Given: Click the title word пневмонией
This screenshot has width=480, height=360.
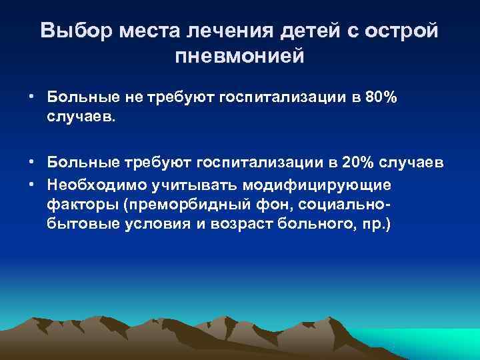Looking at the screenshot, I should click(x=239, y=56).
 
